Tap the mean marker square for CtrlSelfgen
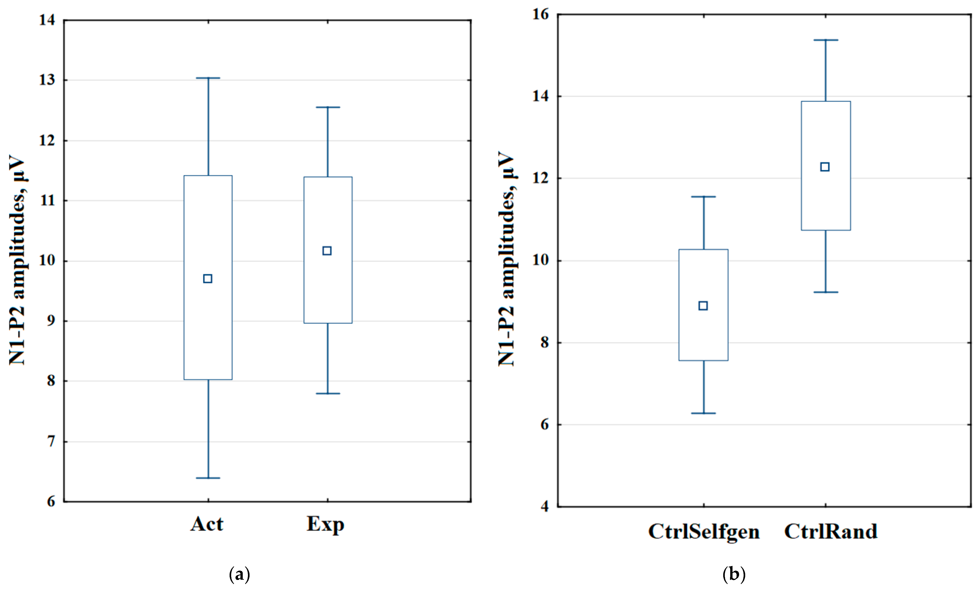[x=703, y=306]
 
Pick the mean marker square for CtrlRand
[x=825, y=167]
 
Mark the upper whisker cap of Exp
[x=327, y=107]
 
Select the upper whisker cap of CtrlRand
[x=826, y=40]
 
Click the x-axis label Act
[x=207, y=524]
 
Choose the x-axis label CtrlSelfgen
[x=704, y=531]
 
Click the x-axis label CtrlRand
[x=831, y=531]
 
